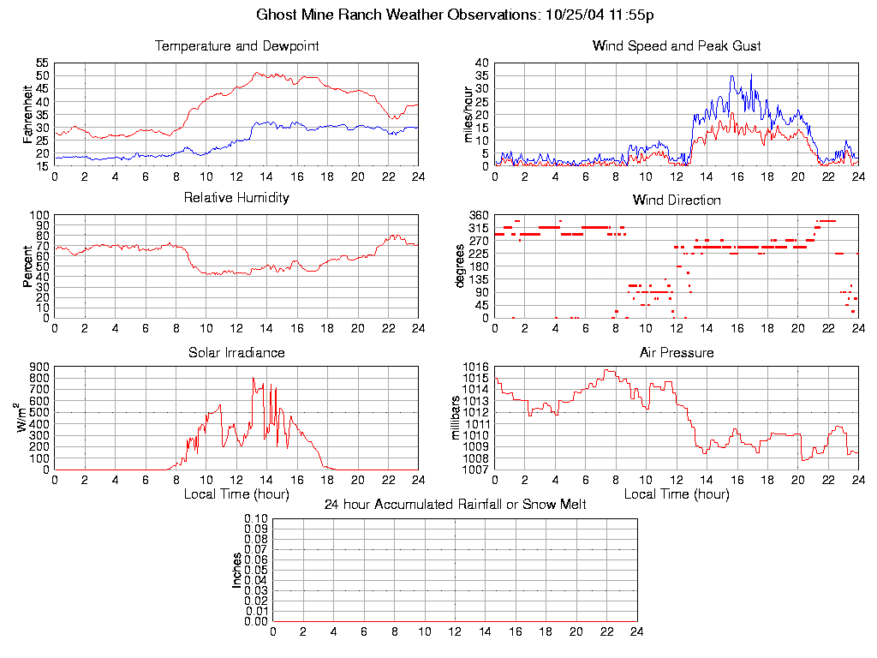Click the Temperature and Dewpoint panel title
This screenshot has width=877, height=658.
tap(236, 46)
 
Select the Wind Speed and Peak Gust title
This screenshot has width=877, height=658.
tap(677, 46)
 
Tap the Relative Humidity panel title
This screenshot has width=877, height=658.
tap(236, 198)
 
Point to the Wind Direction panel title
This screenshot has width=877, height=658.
tap(677, 200)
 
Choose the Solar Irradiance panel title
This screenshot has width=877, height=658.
tap(236, 353)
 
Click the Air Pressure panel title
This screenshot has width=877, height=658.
tap(677, 353)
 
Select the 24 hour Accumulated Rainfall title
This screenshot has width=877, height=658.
tap(455, 505)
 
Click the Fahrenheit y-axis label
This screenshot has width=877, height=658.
tap(28, 115)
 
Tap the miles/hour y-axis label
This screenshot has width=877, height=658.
tap(468, 115)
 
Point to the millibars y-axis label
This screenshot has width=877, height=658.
tap(456, 418)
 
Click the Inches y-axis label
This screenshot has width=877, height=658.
tap(237, 570)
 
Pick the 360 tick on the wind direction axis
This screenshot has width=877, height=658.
tap(479, 215)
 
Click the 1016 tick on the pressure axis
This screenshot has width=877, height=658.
tap(476, 367)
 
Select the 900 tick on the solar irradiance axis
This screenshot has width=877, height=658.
tap(39, 367)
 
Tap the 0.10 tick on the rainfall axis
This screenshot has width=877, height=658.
tap(256, 519)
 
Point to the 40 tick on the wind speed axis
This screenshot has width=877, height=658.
tap(481, 63)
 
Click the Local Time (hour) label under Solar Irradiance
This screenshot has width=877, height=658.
tap(236, 494)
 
